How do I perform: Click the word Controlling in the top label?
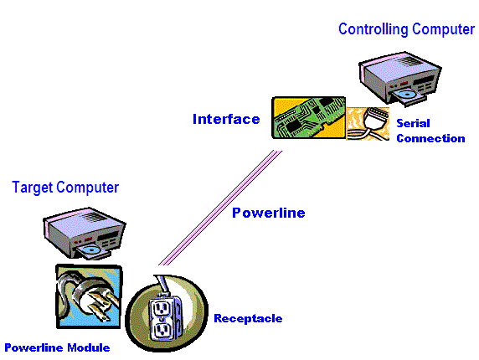click(x=373, y=29)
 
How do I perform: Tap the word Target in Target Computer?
click(x=33, y=187)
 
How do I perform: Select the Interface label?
click(x=226, y=119)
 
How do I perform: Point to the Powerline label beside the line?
click(x=269, y=213)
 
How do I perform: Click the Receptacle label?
click(x=248, y=318)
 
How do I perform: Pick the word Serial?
click(x=413, y=123)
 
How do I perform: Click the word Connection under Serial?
click(x=430, y=138)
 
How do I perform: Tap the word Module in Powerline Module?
click(x=89, y=347)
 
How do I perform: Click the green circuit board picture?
click(x=309, y=118)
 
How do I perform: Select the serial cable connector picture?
click(x=368, y=124)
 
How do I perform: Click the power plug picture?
click(x=89, y=296)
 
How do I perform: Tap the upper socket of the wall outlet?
click(x=161, y=309)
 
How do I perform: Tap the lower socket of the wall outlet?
click(x=162, y=331)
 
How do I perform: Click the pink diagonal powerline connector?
click(x=220, y=208)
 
